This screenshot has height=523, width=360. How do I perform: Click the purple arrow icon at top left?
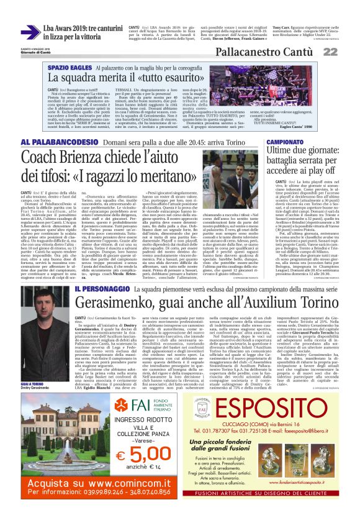click(30, 32)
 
